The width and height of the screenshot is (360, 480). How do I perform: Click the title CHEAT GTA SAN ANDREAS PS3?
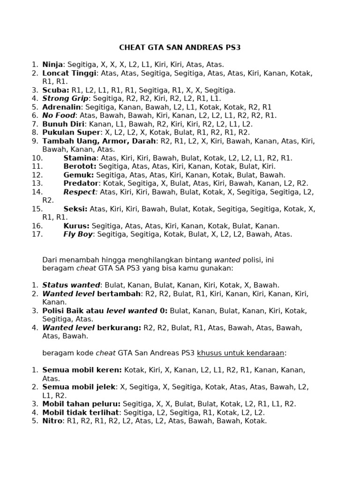[x=180, y=47]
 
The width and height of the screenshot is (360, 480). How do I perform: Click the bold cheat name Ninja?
[x=52, y=65]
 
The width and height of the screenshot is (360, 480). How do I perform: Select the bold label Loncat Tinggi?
[x=69, y=73]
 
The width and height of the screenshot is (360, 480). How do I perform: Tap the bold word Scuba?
[x=55, y=90]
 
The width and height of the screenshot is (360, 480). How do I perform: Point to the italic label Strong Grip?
[x=65, y=98]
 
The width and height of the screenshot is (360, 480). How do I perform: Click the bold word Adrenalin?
[x=61, y=107]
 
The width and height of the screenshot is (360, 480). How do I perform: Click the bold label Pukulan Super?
[x=71, y=133]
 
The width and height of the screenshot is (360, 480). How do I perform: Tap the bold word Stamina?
[x=80, y=158]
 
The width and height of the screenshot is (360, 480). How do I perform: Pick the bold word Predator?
[x=81, y=183]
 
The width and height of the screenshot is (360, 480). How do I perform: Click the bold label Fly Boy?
[x=78, y=234]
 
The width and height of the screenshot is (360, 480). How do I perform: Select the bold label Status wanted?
[x=71, y=285]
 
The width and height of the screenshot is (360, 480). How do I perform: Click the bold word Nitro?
[x=52, y=421]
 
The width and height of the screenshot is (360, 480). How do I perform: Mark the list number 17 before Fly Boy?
[x=37, y=234]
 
